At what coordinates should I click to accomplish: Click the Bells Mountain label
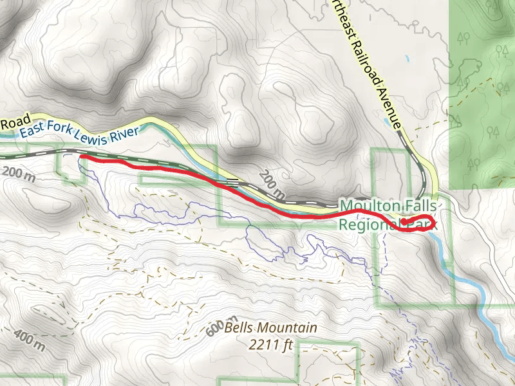coord(271,328)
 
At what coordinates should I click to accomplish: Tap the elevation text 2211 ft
coord(271,344)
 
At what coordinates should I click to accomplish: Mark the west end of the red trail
coord(82,156)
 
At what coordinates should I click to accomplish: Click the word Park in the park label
coord(423,225)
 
